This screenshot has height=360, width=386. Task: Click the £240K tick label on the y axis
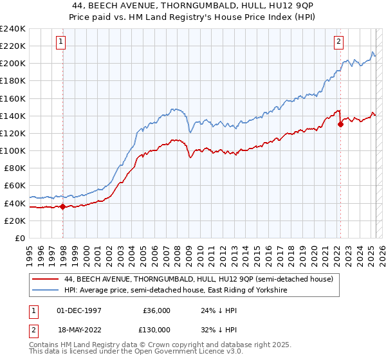point(13,29)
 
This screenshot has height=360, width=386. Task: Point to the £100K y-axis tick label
point(13,150)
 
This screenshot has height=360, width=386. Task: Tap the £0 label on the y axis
point(19,238)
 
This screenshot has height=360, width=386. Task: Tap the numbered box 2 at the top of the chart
point(338,42)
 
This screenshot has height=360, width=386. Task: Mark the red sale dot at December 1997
point(62,206)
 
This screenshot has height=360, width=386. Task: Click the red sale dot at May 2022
point(340,125)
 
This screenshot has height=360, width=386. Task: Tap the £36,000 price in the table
point(156,310)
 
